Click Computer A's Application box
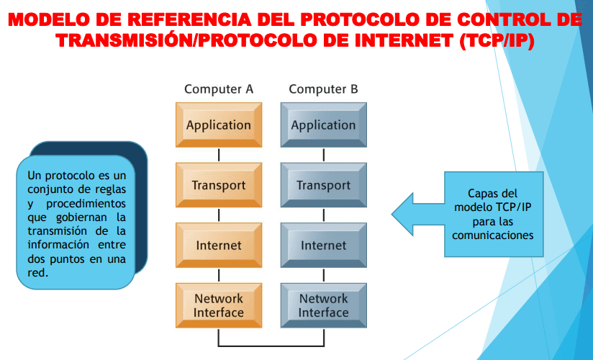coord(219,125)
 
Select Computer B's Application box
coord(323,125)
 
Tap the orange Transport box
coord(219,186)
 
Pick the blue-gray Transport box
coord(323,186)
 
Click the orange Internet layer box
coord(219,246)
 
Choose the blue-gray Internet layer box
coord(323,246)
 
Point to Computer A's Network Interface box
coord(219,305)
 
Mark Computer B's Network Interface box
coord(323,305)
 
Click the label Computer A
coord(219,89)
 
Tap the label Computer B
coord(323,89)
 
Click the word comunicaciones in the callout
coord(492,235)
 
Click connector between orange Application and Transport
coord(219,155)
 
